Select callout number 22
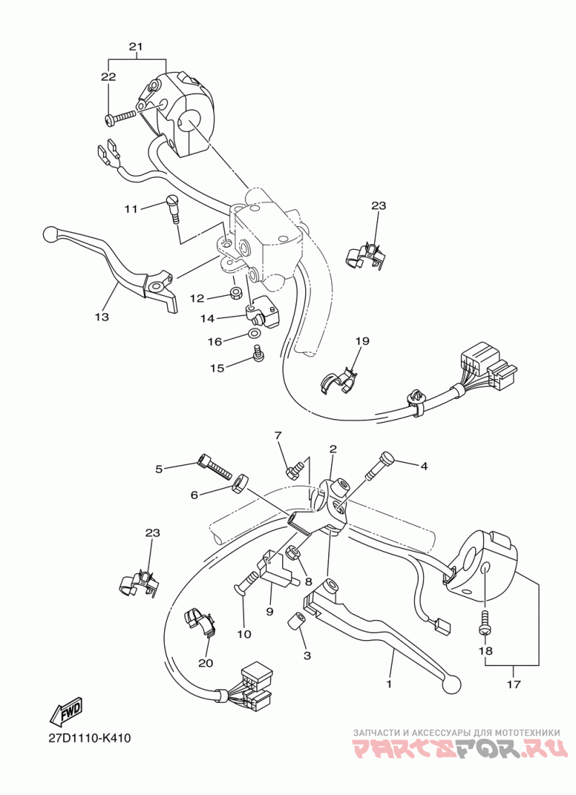pyautogui.click(x=108, y=76)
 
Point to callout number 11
pyautogui.click(x=130, y=209)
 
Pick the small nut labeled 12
pyautogui.click(x=235, y=294)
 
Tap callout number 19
pyautogui.click(x=361, y=341)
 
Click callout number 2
pyautogui.click(x=333, y=449)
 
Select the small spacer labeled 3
pyautogui.click(x=295, y=621)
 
